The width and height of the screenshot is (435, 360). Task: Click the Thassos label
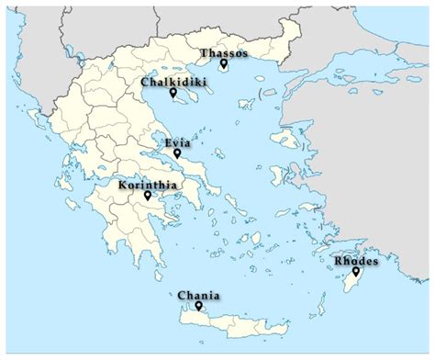click(x=225, y=53)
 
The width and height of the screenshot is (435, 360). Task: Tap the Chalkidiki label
click(x=173, y=82)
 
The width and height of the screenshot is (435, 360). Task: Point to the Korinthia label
click(x=148, y=185)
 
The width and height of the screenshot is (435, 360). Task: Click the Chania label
click(x=199, y=296)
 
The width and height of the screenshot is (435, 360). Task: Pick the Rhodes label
click(x=355, y=260)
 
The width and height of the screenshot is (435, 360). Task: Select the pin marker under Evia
click(x=177, y=153)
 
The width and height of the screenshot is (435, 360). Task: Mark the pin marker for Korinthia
click(x=147, y=196)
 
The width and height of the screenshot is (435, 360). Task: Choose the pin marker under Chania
click(x=198, y=307)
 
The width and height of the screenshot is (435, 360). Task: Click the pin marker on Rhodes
click(x=356, y=271)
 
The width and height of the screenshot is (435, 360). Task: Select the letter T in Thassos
click(x=204, y=53)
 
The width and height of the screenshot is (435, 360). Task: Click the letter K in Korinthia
click(x=123, y=185)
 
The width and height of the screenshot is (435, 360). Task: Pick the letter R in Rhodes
click(x=337, y=260)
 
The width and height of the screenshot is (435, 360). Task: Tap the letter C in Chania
click(x=182, y=296)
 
